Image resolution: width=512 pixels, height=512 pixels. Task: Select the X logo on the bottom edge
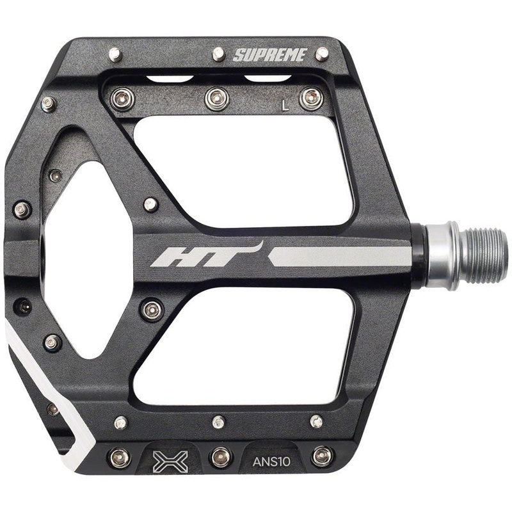(170, 459)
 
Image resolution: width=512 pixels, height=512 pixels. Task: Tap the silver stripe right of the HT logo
(339, 256)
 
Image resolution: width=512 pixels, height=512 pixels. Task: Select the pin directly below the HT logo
(152, 310)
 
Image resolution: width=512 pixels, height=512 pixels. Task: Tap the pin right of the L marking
(310, 98)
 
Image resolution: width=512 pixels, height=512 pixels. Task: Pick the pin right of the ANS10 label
(322, 456)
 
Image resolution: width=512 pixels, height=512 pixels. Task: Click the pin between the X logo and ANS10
(221, 456)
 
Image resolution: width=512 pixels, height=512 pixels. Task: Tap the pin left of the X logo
(120, 457)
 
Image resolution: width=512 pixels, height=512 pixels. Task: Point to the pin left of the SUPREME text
(218, 54)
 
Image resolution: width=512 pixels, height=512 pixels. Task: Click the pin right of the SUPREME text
(322, 54)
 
